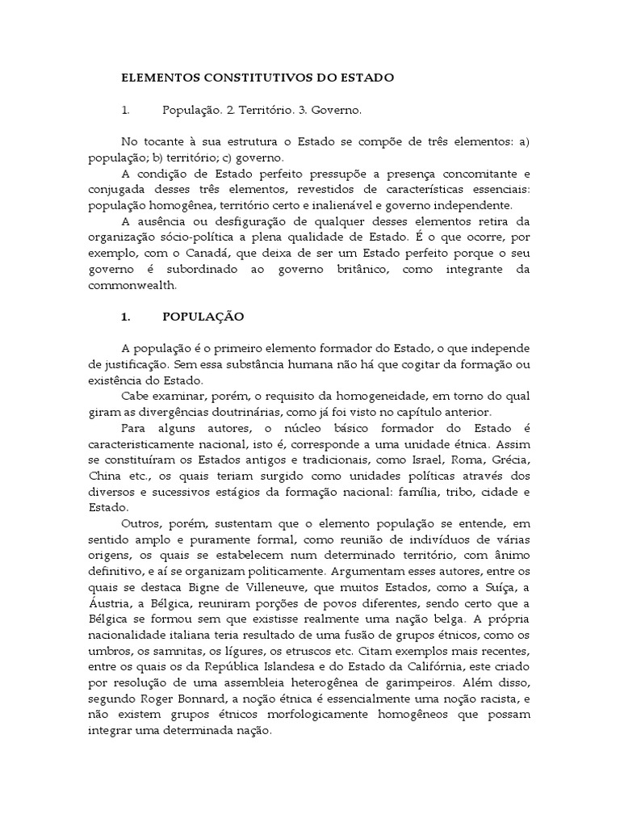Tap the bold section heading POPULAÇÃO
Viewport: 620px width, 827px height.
203,317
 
